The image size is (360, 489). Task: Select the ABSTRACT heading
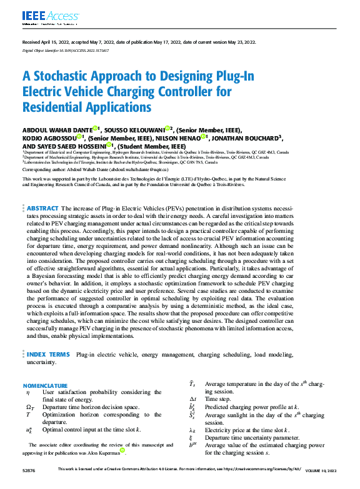(42, 207)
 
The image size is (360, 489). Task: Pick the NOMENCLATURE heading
(45, 385)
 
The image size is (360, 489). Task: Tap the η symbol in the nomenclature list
(27, 392)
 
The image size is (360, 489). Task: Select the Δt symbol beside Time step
(193, 398)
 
